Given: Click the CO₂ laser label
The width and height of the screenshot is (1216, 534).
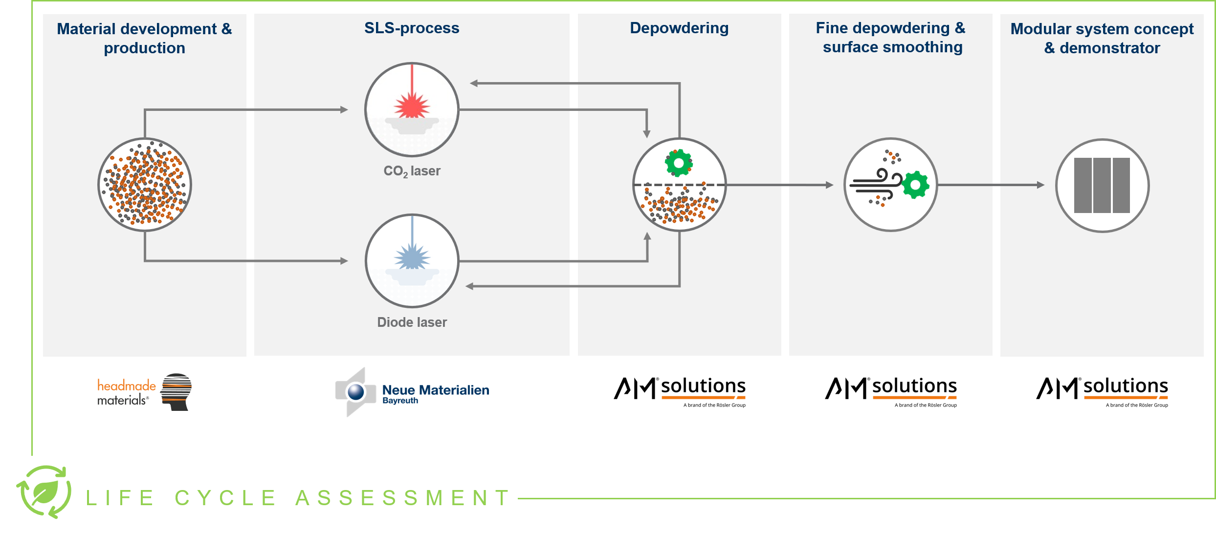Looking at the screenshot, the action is pyautogui.click(x=412, y=171).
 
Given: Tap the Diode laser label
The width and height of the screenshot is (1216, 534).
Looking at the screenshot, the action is pyautogui.click(x=412, y=322).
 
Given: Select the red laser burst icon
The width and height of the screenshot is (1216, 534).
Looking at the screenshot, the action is pyautogui.click(x=412, y=104).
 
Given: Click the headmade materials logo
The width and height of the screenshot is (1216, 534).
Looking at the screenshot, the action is pyautogui.click(x=144, y=392).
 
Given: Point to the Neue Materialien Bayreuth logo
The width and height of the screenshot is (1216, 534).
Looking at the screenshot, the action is pyautogui.click(x=412, y=392).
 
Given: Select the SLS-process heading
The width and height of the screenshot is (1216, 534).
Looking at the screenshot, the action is pyautogui.click(x=412, y=28).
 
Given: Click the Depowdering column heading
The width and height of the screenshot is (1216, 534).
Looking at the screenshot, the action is pyautogui.click(x=679, y=28).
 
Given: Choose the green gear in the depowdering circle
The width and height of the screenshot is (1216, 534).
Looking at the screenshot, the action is pyautogui.click(x=679, y=163).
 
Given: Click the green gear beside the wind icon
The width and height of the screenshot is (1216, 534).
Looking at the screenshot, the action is pyautogui.click(x=915, y=185).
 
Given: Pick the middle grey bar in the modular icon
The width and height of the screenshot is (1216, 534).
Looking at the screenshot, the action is pyautogui.click(x=1102, y=185).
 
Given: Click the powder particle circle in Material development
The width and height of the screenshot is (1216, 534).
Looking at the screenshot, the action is pyautogui.click(x=145, y=185).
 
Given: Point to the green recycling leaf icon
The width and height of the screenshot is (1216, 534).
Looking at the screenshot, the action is pyautogui.click(x=44, y=492).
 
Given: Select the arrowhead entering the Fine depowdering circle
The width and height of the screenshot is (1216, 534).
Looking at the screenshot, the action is pyautogui.click(x=830, y=185).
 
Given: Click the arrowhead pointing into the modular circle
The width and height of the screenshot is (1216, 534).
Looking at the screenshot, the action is pyautogui.click(x=1041, y=185).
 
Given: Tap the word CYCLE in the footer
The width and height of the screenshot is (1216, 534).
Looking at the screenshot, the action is pyautogui.click(x=226, y=498).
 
